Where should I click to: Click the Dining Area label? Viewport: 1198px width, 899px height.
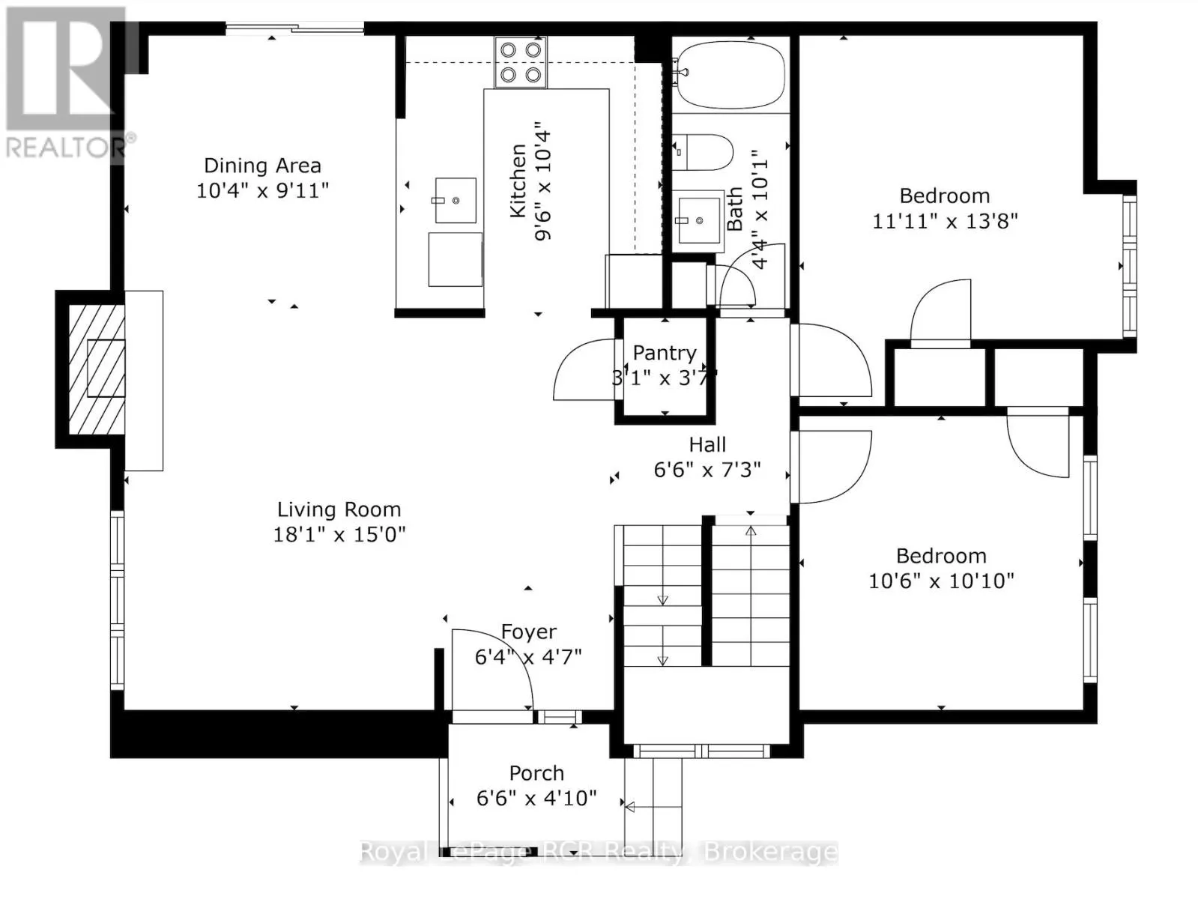(262, 166)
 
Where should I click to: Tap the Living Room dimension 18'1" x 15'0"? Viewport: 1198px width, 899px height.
(339, 535)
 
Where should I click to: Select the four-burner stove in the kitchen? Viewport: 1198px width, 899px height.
(521, 62)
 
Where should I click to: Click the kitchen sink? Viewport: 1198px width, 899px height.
(456, 200)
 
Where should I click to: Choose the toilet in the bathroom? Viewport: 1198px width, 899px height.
(702, 153)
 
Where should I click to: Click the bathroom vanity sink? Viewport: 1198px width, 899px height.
(698, 220)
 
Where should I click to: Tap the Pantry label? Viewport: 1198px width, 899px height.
(665, 352)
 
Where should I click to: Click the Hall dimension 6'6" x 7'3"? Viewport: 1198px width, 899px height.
(707, 470)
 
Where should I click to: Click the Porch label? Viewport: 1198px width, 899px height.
(536, 773)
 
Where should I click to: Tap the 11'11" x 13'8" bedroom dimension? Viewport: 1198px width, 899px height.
(946, 222)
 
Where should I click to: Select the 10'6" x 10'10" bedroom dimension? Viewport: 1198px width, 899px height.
(942, 581)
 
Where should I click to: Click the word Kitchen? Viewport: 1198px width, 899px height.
(518, 181)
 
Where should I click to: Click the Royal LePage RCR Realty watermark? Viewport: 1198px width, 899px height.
(599, 852)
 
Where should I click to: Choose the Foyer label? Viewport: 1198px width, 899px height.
(529, 632)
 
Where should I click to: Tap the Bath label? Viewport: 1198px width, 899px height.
(735, 209)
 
